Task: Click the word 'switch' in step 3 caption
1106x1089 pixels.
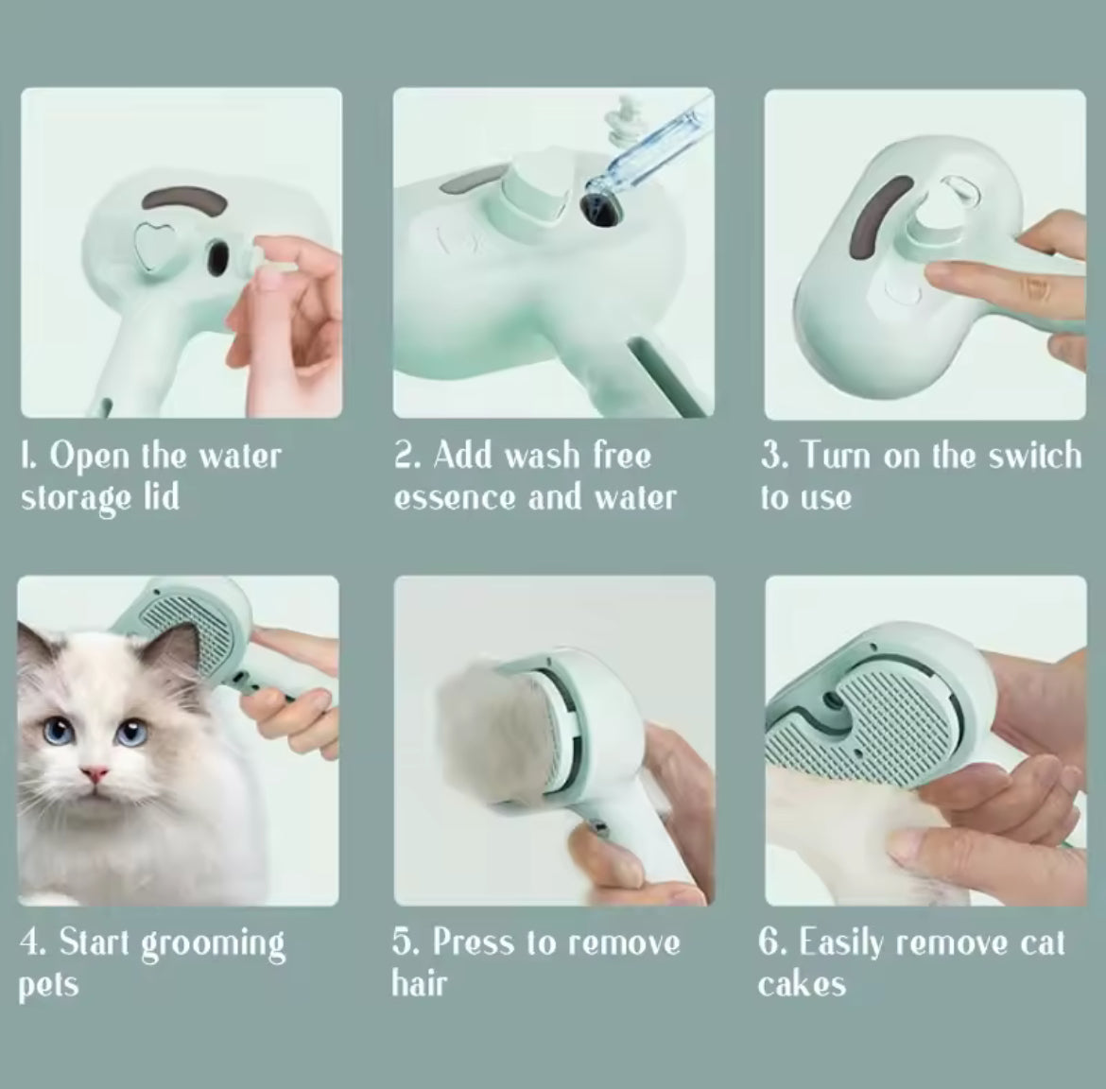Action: pos(1034,456)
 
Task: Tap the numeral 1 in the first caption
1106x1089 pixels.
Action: pos(26,457)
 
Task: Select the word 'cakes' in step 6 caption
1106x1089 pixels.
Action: pos(802,984)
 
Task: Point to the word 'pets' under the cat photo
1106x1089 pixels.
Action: pos(48,986)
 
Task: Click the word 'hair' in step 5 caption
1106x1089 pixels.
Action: pos(419,984)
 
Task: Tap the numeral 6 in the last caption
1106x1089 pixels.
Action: pos(769,943)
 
